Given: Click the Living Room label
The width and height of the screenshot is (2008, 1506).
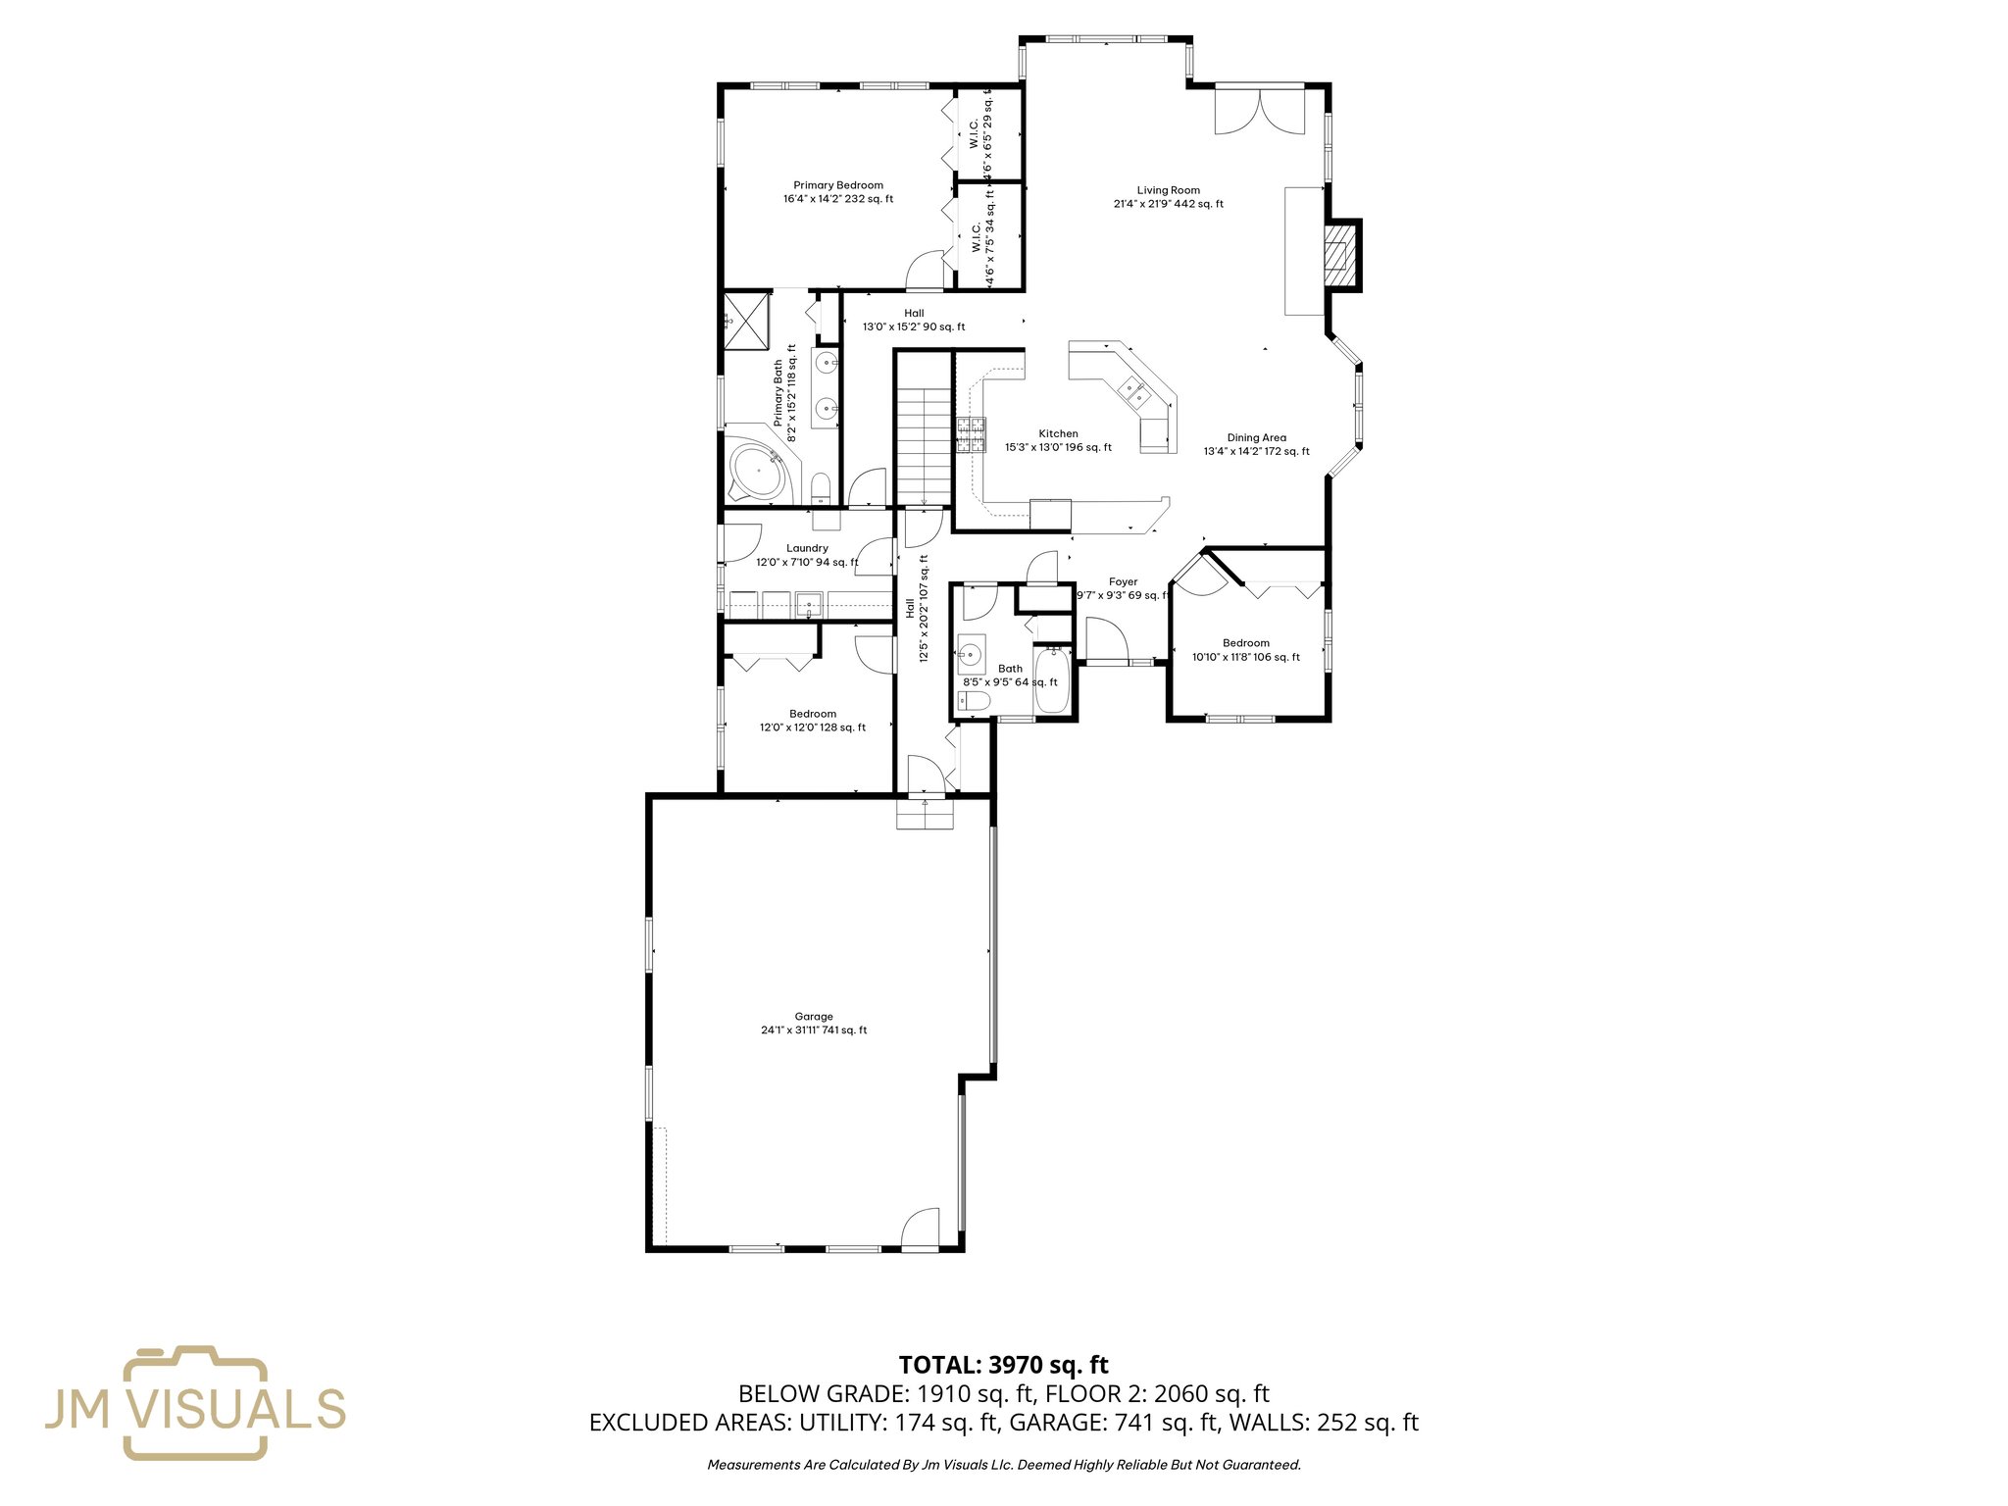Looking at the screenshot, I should (1168, 191).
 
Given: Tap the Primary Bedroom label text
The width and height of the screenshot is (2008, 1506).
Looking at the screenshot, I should (837, 185).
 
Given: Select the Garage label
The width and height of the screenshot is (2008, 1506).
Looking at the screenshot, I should (814, 1017).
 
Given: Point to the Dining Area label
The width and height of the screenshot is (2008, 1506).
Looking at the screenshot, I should (1256, 438).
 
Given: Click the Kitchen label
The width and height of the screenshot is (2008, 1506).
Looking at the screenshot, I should (1058, 433).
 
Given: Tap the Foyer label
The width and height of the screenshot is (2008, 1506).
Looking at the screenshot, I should (1123, 582).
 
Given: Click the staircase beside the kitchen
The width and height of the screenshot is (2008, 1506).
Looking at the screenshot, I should (924, 443).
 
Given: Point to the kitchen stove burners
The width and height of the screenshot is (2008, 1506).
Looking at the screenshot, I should (972, 434).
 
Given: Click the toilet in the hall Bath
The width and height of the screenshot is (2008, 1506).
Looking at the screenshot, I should (974, 700).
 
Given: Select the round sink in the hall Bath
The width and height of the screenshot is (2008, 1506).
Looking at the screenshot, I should (971, 653).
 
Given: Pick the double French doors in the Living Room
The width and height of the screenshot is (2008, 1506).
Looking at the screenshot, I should (1260, 110).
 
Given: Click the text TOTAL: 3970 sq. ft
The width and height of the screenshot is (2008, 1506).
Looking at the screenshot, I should (1003, 1365).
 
